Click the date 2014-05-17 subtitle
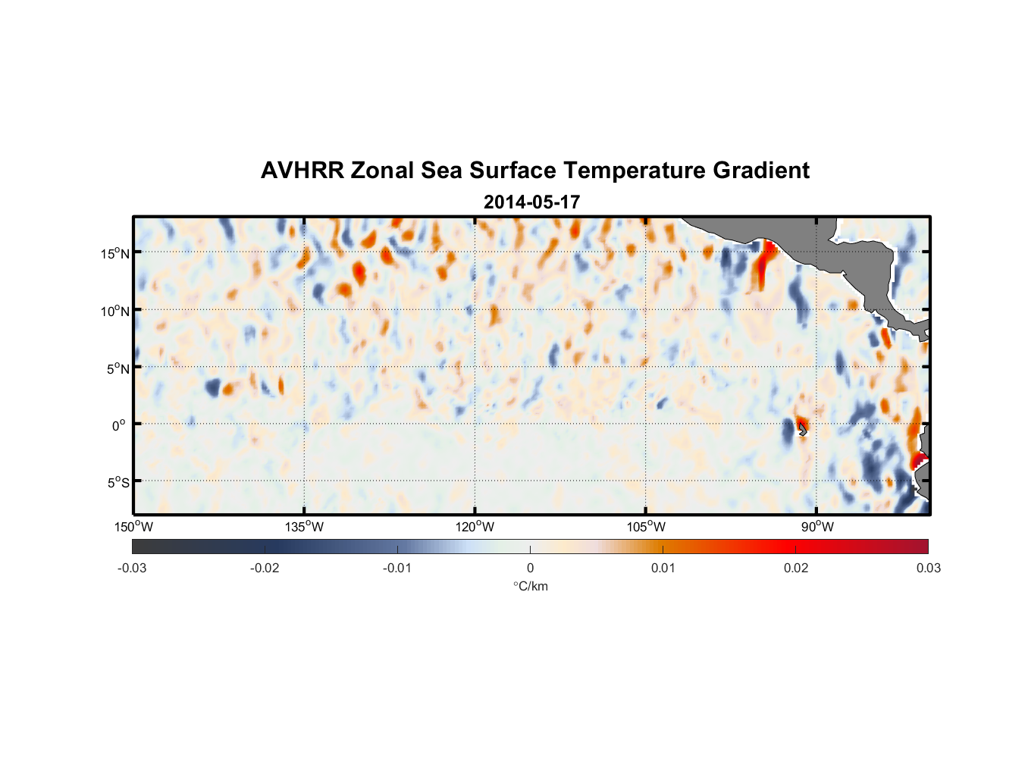[x=531, y=202]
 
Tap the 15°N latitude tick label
[x=115, y=253]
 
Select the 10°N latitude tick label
[x=115, y=311]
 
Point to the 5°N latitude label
[x=118, y=368]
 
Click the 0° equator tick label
[x=119, y=425]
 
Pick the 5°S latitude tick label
[x=118, y=483]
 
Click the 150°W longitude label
[x=134, y=527]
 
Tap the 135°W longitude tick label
[x=305, y=527]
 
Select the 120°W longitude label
[x=475, y=527]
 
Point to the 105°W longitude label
[x=646, y=527]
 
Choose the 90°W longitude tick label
[x=817, y=527]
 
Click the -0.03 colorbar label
[x=132, y=568]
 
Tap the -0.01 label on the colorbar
[x=397, y=568]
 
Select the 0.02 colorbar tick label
[x=796, y=568]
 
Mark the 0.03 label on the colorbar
[x=928, y=568]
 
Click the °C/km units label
[x=531, y=586]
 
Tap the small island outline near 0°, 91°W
[x=802, y=429]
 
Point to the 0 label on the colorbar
[x=530, y=568]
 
